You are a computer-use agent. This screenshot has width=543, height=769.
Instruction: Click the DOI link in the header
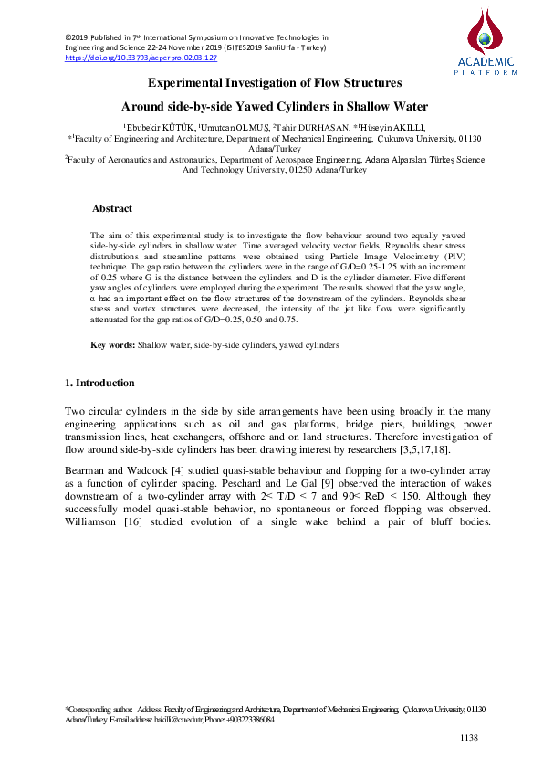141,57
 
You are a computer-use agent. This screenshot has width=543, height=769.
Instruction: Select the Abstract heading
112,209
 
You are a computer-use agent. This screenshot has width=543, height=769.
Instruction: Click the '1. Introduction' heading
100,382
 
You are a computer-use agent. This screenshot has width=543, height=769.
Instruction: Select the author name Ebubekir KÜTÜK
156,127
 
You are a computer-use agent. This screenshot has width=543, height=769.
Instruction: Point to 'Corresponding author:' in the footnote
99,709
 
